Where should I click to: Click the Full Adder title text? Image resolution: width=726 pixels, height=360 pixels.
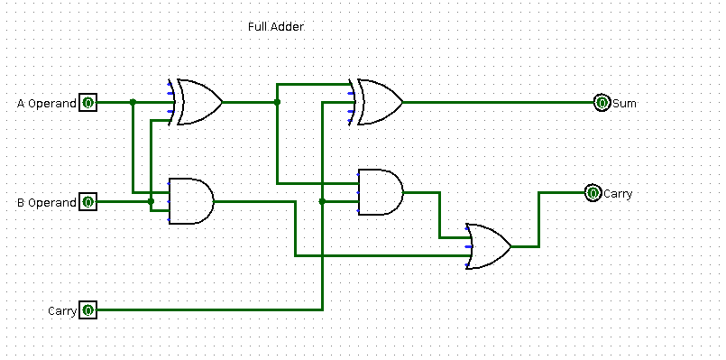pos(276,27)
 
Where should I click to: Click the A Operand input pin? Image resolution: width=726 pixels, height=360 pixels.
pos(87,103)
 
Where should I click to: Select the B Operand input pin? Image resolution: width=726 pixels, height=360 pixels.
pos(87,202)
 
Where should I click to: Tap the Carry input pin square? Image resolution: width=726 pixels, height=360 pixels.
pos(87,310)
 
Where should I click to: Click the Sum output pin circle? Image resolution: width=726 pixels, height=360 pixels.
pos(602,103)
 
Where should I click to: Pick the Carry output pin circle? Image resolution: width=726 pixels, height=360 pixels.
pos(593,193)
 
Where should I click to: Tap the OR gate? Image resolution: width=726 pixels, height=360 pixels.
pos(488,246)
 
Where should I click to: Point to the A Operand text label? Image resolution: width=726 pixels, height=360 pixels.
pos(47,104)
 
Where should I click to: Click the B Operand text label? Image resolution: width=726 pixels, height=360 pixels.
pos(47,203)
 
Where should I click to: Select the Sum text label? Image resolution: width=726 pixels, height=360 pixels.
pos(625,104)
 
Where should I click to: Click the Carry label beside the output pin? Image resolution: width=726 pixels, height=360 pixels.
pos(618,194)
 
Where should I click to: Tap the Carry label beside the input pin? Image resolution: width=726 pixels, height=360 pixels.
pos(61,311)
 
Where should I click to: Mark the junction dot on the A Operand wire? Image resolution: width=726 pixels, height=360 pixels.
pos(133,102)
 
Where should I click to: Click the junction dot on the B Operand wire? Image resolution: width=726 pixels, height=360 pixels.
pos(151,201)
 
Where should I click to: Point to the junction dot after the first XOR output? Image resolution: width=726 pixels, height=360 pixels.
pos(277,102)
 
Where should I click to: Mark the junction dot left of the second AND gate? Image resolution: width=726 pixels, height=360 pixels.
pos(322,201)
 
